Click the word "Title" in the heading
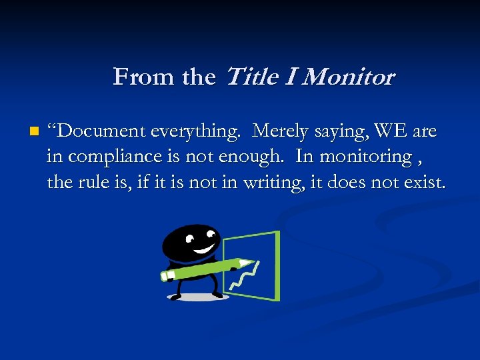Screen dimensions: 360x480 pos(253,77)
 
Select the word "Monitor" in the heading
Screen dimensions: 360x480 pos(349,77)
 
